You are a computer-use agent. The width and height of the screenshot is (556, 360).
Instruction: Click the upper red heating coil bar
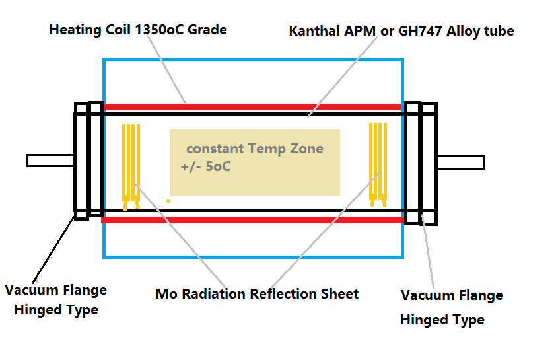(252, 107)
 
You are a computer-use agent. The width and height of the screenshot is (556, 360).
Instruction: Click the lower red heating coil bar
(252, 220)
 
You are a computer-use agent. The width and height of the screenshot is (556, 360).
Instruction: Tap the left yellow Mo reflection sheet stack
(131, 167)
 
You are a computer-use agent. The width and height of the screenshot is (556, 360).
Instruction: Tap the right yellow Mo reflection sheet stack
(378, 164)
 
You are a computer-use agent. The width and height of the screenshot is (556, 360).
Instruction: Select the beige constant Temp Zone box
(255, 162)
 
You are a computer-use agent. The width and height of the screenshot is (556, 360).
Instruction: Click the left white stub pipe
(50, 161)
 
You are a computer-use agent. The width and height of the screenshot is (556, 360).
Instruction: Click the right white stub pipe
(462, 162)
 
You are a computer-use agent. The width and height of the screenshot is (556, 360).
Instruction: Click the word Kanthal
(314, 31)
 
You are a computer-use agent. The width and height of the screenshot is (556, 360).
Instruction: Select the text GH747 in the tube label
(420, 31)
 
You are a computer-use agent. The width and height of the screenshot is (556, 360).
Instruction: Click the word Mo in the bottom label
(166, 294)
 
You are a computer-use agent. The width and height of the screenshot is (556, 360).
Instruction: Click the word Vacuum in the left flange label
(30, 290)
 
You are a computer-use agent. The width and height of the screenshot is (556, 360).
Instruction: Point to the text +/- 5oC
(205, 166)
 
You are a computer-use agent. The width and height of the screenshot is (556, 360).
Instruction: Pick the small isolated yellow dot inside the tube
(168, 201)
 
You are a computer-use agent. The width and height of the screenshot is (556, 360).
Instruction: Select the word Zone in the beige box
(306, 149)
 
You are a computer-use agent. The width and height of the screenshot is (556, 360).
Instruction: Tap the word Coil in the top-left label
(118, 30)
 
